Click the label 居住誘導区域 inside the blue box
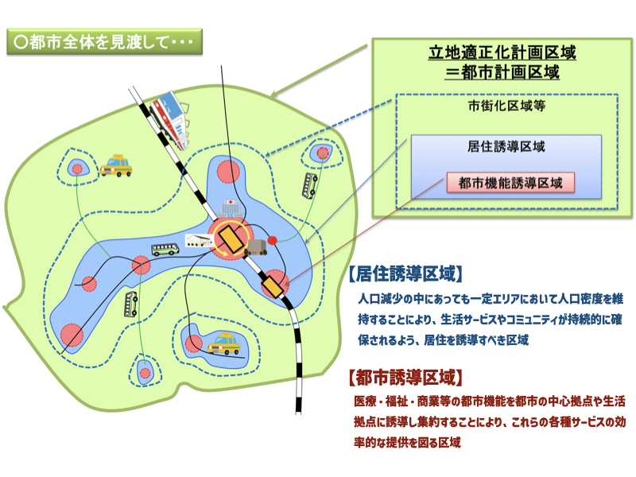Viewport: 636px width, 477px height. coord(506,147)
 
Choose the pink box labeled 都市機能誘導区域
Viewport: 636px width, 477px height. coord(510,183)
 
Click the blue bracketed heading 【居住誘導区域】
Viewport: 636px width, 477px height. coord(405,274)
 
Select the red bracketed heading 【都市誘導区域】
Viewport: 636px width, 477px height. coord(405,376)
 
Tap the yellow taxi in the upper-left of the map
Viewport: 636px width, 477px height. coord(117,165)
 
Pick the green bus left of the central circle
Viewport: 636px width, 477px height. coord(165,249)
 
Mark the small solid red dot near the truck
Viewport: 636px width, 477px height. coord(273,238)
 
